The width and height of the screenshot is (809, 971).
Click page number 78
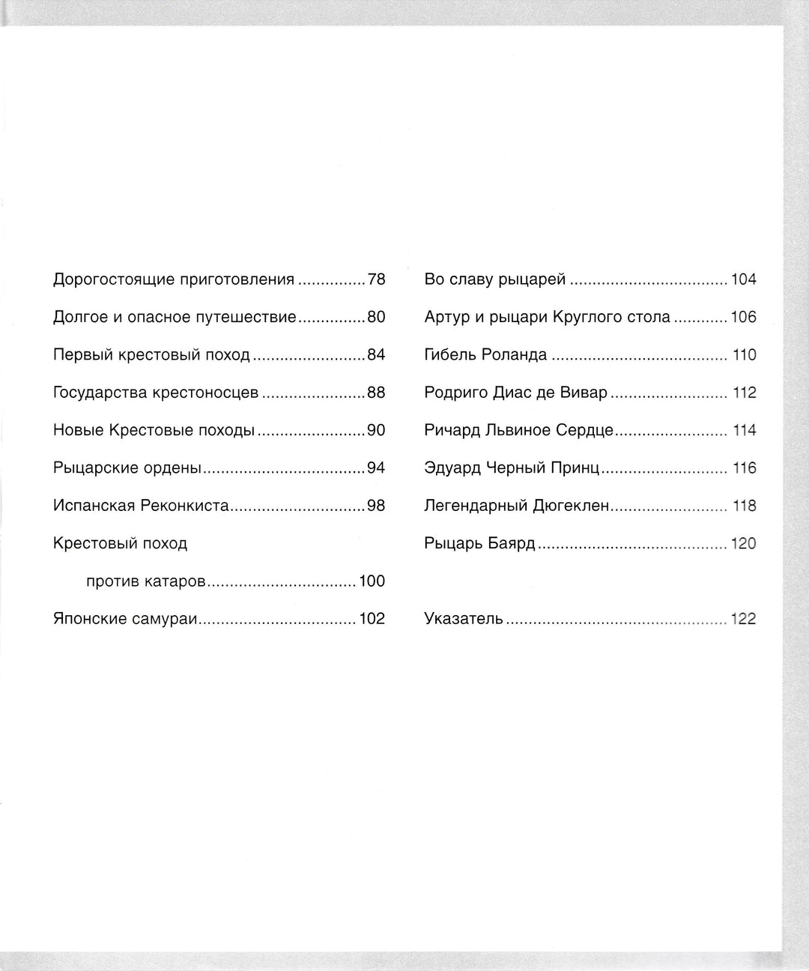tap(376, 280)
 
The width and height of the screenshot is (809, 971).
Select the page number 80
tap(376, 318)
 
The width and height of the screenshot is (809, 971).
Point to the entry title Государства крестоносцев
tap(156, 393)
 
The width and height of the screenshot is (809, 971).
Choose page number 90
tap(376, 431)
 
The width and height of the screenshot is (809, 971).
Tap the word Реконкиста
tap(184, 506)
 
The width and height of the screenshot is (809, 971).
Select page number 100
tap(372, 581)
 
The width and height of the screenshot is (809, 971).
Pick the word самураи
tap(160, 619)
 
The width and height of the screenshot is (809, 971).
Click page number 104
tap(744, 280)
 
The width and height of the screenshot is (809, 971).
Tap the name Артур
tap(447, 318)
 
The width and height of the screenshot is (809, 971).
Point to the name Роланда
tap(514, 355)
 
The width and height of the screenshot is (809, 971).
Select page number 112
tap(745, 393)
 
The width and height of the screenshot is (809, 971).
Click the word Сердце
tap(584, 431)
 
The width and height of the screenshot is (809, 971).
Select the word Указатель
tap(464, 619)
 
